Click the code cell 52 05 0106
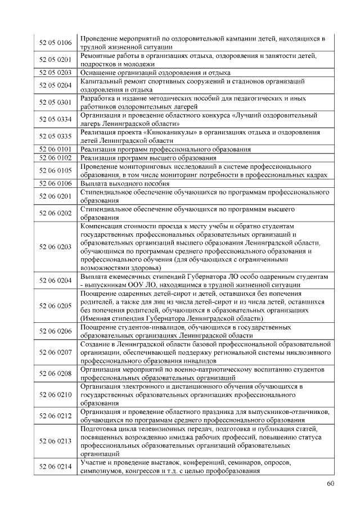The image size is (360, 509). [56, 43]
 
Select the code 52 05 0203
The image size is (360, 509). [56, 73]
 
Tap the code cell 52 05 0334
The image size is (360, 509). [56, 119]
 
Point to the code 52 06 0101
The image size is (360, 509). [56, 149]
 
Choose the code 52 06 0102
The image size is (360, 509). [56, 158]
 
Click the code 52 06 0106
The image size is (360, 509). [56, 183]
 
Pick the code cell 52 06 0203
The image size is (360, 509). [56, 247]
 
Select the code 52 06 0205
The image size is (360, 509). [56, 305]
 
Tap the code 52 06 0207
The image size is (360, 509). [56, 352]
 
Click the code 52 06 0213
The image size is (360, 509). [56, 442]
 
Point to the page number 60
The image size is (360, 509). [330, 484]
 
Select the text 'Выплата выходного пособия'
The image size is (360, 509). [124, 183]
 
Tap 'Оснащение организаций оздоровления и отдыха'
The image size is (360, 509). [155, 73]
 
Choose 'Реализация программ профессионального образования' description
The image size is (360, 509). [165, 149]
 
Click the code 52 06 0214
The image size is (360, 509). [56, 467]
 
